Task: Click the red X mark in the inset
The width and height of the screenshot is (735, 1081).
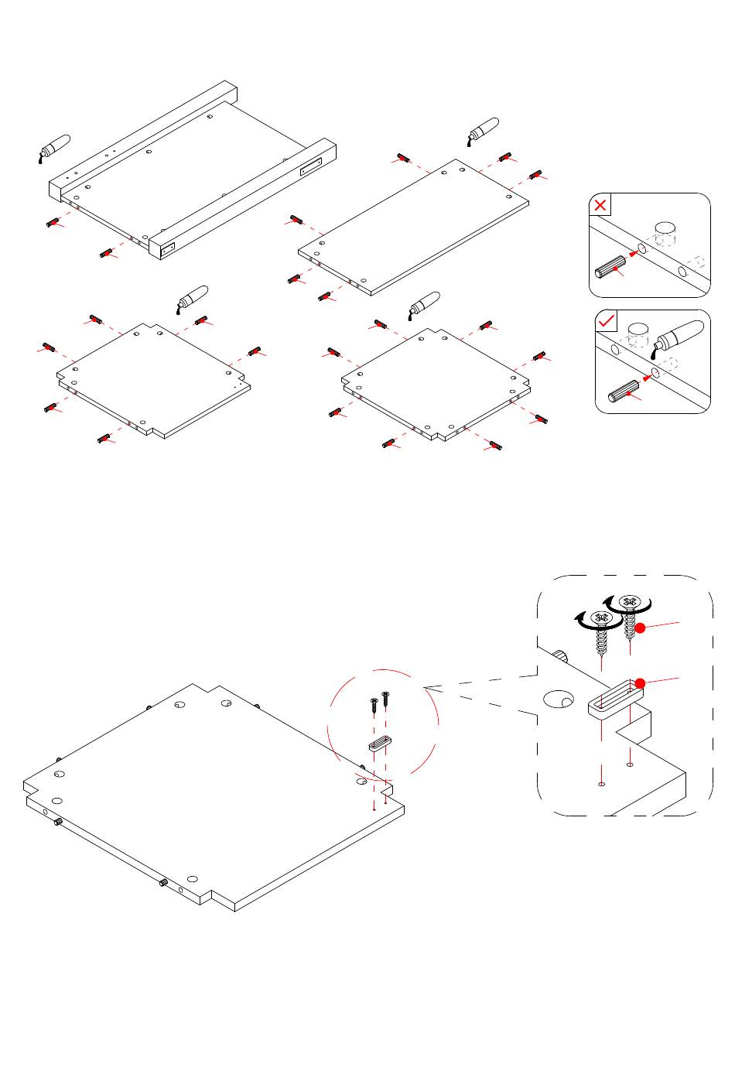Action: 601,206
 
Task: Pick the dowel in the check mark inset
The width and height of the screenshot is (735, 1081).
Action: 624,391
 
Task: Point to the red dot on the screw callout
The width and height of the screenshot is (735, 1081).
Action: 640,628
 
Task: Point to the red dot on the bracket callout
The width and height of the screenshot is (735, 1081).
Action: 640,682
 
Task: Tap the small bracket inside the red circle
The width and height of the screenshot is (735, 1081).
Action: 378,744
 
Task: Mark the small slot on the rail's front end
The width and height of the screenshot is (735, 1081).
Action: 168,249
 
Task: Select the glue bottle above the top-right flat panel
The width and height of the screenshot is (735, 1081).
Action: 483,131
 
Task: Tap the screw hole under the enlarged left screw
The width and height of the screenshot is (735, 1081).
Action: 601,783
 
